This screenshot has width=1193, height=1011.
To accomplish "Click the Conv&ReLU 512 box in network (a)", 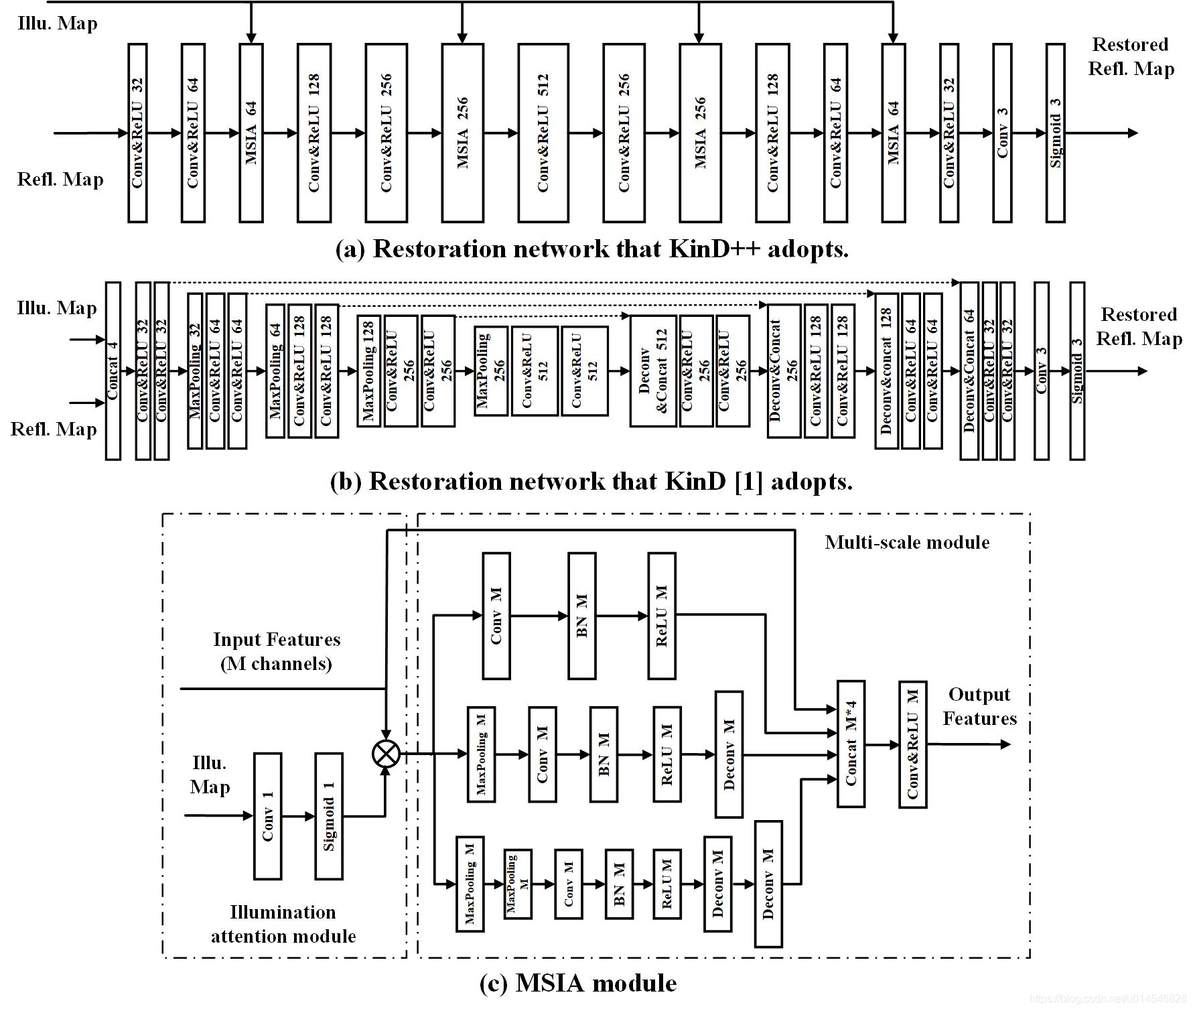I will [543, 133].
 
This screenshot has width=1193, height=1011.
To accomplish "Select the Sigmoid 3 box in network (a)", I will [1055, 133].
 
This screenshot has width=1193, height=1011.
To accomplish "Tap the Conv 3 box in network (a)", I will [1002, 133].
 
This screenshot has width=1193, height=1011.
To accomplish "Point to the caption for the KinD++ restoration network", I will [591, 249].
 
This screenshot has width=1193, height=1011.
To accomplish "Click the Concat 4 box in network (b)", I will [113, 370].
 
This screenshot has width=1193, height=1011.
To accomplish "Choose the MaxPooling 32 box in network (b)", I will [195, 370].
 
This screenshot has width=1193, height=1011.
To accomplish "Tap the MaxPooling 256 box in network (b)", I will [490, 370].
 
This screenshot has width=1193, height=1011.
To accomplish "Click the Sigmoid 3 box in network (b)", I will [1077, 370].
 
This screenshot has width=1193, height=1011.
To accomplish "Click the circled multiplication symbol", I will [386, 753].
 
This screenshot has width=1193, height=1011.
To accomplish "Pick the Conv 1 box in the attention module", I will [267, 815].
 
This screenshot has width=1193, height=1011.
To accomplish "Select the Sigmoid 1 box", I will [329, 815].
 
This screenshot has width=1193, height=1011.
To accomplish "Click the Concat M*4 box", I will [851, 744].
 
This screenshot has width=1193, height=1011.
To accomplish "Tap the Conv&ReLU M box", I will [912, 744].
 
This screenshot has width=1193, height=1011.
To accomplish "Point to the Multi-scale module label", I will [907, 542].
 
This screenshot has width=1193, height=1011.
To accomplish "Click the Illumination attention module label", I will [283, 924].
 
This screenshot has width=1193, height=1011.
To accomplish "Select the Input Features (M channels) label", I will [277, 651].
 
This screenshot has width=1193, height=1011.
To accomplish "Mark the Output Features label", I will [979, 706].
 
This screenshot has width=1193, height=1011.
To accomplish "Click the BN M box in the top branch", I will [581, 615].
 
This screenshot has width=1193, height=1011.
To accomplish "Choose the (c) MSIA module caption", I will [578, 983].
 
